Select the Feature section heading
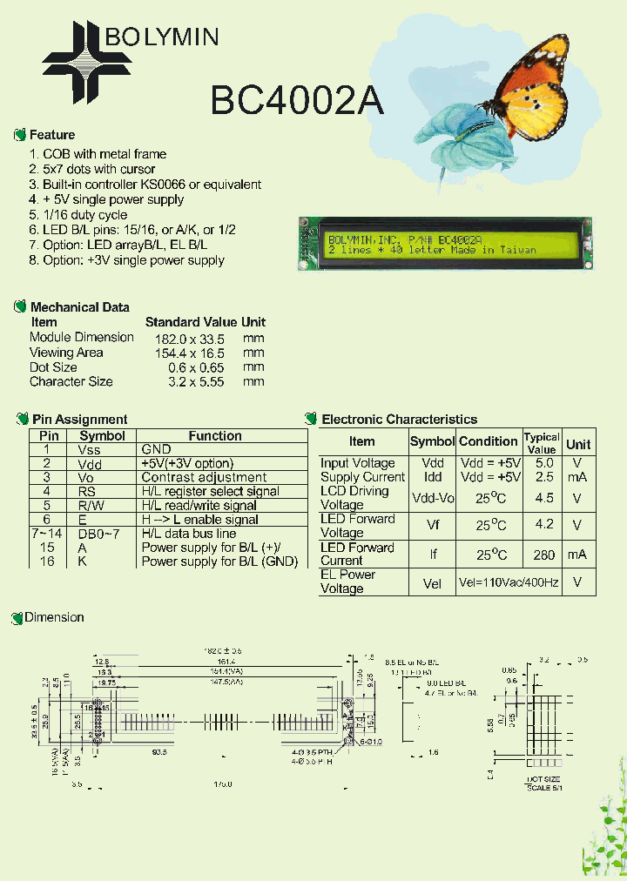(x=51, y=135)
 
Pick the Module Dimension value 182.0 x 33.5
(x=185, y=338)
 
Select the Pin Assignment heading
(x=79, y=420)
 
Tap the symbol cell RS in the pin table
(x=90, y=491)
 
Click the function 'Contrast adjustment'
(x=204, y=477)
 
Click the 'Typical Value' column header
(x=542, y=443)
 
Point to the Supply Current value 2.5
(x=544, y=477)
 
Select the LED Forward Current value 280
(x=544, y=555)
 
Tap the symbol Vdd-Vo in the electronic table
(x=432, y=498)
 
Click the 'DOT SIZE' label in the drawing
(x=543, y=779)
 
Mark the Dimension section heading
(x=54, y=617)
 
